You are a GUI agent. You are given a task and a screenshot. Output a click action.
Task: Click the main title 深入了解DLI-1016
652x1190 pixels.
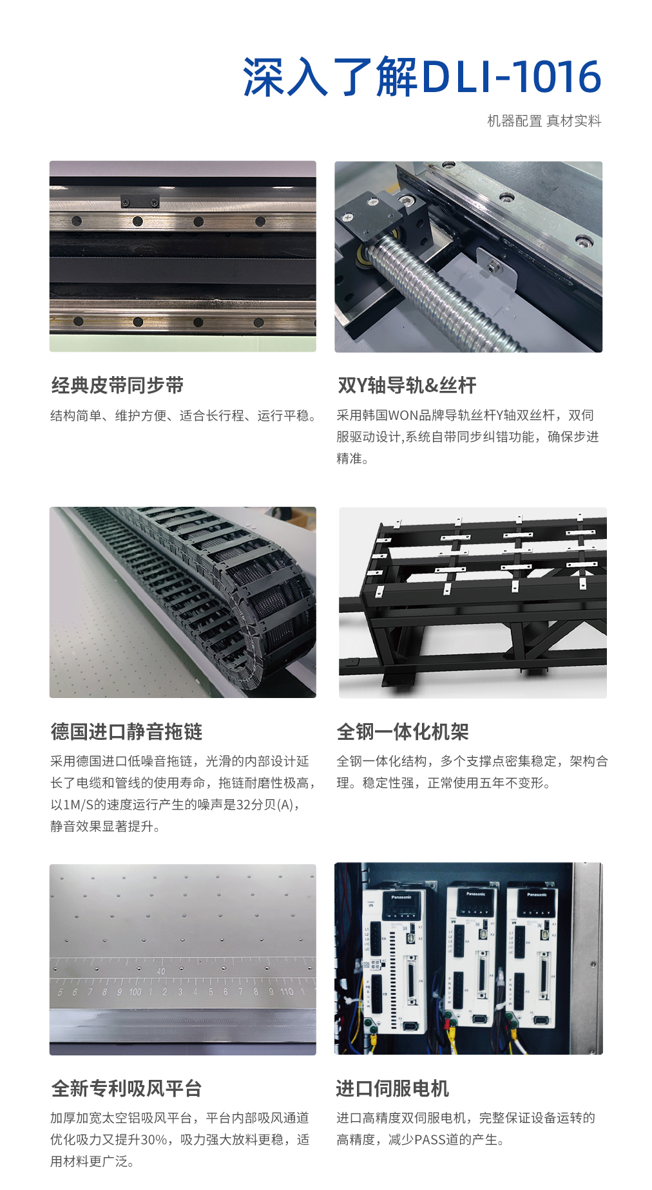pyautogui.click(x=421, y=77)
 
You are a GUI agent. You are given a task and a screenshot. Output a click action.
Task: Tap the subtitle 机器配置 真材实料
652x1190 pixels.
pyautogui.click(x=544, y=121)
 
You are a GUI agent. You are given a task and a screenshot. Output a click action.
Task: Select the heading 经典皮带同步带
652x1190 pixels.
pyautogui.click(x=117, y=385)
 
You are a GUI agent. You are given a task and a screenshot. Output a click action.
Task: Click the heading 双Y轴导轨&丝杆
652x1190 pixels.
pyautogui.click(x=407, y=385)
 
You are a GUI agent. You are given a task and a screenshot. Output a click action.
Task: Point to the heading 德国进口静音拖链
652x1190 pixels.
pyautogui.click(x=126, y=732)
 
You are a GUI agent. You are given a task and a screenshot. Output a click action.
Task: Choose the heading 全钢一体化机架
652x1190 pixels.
pyautogui.click(x=403, y=732)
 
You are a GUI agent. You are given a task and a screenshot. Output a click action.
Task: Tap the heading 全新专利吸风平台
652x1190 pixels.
pyautogui.click(x=126, y=1088)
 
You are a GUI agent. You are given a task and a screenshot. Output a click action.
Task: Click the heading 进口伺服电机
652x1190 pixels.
pyautogui.click(x=392, y=1088)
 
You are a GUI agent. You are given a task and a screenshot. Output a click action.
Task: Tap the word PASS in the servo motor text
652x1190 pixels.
pyautogui.click(x=430, y=1140)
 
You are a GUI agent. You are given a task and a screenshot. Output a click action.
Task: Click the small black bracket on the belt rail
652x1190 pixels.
pyautogui.click(x=140, y=201)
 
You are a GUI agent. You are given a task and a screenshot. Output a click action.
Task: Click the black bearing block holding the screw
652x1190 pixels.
pyautogui.click(x=377, y=225)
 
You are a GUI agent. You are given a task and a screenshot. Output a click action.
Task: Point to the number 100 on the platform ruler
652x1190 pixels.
pyautogui.click(x=135, y=992)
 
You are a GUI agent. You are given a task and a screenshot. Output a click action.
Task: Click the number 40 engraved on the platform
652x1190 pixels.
pyautogui.click(x=160, y=971)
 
